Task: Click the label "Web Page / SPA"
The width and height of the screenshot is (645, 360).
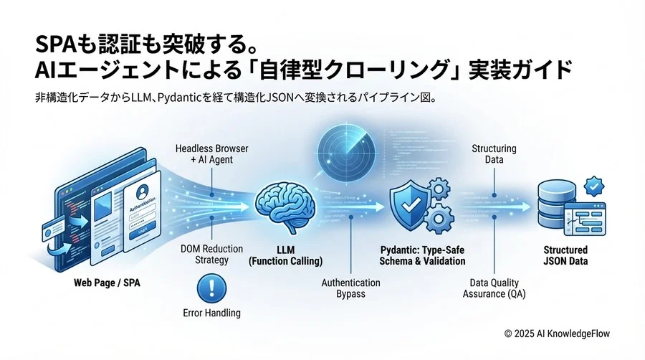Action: tap(107, 283)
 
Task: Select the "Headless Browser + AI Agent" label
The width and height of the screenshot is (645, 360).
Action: tap(211, 154)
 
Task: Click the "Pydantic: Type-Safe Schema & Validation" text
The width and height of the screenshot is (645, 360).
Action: tap(423, 255)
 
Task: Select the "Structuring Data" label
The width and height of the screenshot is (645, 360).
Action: tap(494, 154)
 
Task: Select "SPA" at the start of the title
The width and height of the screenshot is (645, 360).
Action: tap(56, 44)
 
